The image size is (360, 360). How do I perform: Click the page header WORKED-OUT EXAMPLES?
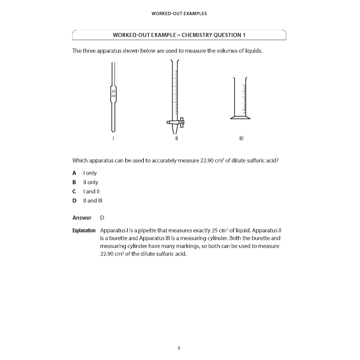click(x=179, y=14)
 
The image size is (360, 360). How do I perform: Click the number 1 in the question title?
click(x=244, y=35)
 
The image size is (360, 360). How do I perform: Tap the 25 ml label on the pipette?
click(x=113, y=93)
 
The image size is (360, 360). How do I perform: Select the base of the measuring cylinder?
click(x=240, y=118)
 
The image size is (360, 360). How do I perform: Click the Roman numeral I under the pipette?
click(x=113, y=139)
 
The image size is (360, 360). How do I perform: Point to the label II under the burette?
click(x=176, y=139)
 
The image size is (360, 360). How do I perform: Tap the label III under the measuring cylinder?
click(x=241, y=139)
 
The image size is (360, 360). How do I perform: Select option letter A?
click(x=74, y=173)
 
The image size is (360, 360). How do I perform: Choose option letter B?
click(x=74, y=182)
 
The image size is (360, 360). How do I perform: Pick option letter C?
click(x=74, y=192)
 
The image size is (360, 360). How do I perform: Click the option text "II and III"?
click(x=92, y=201)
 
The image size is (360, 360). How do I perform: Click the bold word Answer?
click(x=82, y=218)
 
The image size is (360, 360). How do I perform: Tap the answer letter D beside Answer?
click(x=102, y=218)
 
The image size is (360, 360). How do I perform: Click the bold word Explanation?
click(x=84, y=231)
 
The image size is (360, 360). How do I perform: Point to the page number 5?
click(x=179, y=348)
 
